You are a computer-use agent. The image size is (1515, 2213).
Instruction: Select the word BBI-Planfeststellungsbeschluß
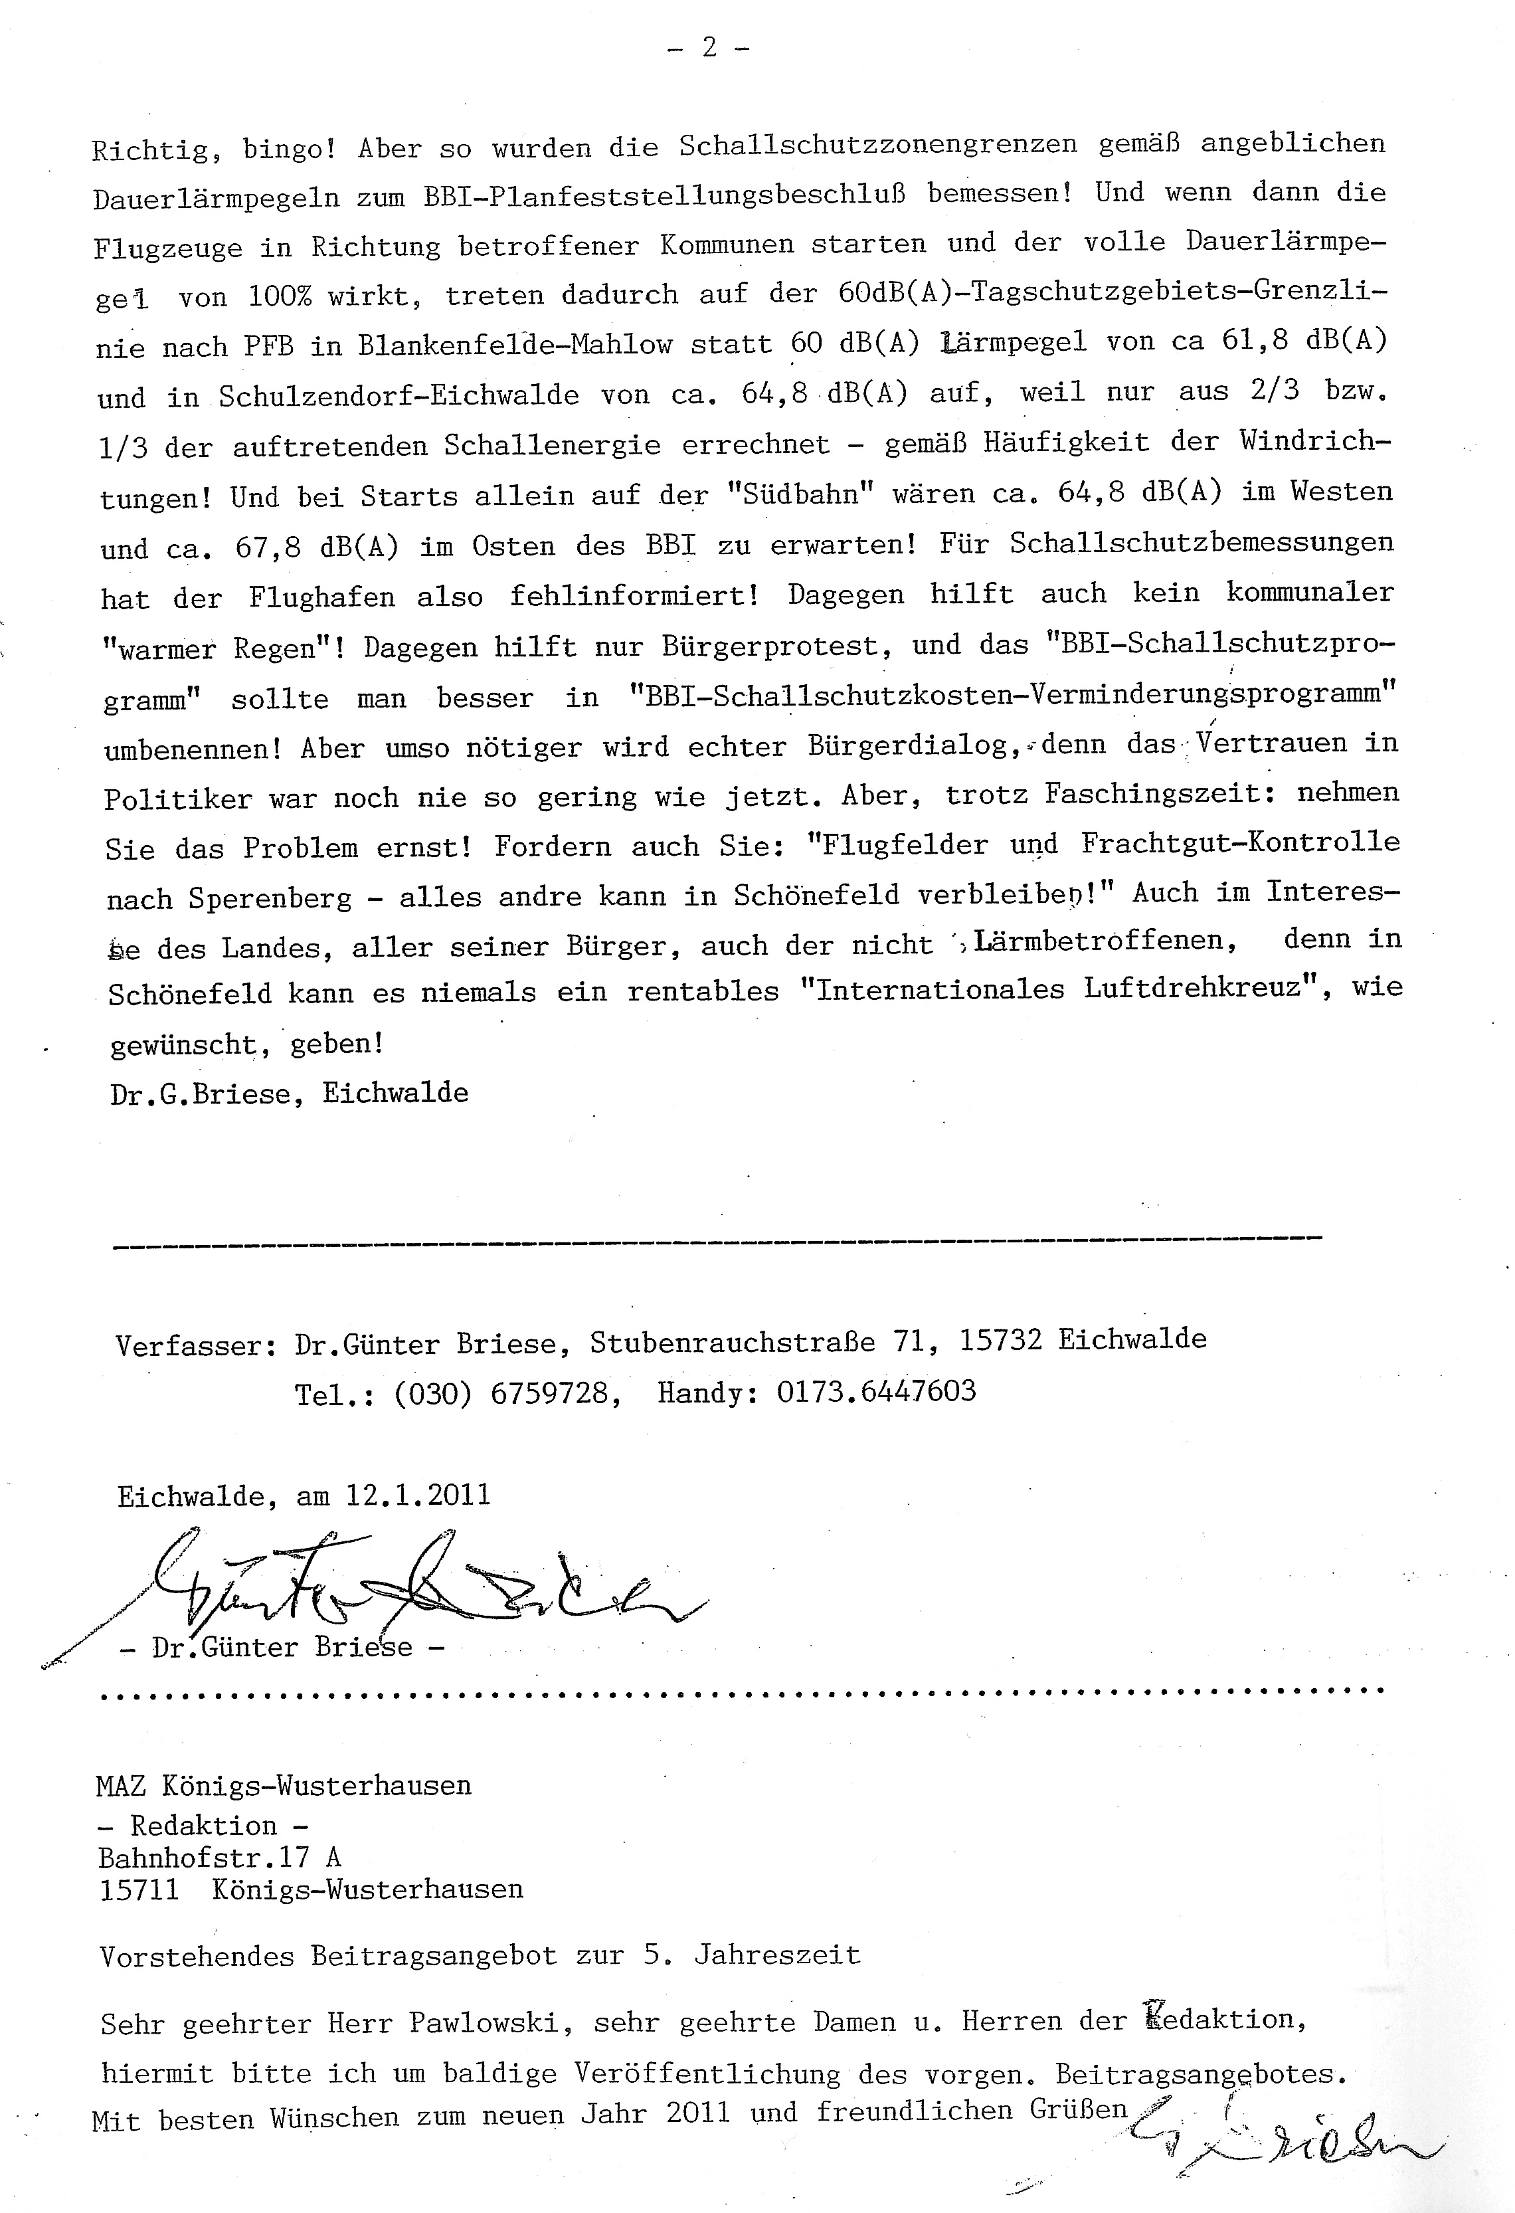point(663,195)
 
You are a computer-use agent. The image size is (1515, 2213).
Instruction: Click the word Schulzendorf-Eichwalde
point(398,396)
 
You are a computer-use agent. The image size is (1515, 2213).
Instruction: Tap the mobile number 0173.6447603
point(876,1392)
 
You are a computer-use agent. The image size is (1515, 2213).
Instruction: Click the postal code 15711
point(139,1889)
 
